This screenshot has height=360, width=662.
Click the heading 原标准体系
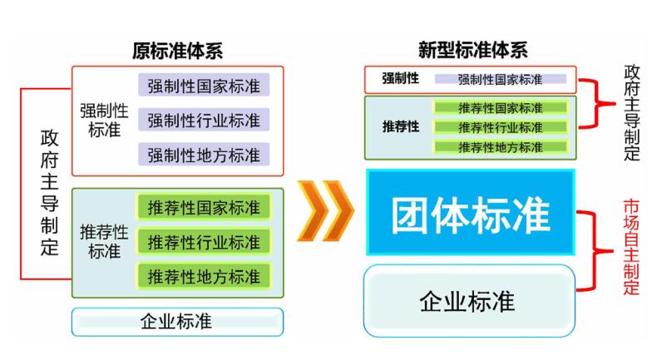tap(177, 51)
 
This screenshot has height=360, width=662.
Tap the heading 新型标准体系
tap(473, 50)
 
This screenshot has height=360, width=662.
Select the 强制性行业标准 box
tap(204, 120)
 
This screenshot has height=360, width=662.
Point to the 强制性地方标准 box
tap(204, 155)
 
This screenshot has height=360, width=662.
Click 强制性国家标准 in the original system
tap(204, 86)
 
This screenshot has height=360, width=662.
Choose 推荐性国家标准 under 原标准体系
tap(204, 207)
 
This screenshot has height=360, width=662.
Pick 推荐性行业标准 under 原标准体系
tap(204, 242)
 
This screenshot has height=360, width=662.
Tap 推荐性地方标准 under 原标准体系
tap(204, 276)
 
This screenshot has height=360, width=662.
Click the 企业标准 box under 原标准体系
tap(177, 322)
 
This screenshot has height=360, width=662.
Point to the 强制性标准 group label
tap(104, 121)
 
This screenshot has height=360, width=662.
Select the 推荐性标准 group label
tap(104, 242)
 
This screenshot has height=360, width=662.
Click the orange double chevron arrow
tap(325, 211)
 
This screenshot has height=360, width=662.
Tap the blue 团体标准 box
tap(471, 212)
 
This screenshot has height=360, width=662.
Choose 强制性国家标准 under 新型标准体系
tap(501, 79)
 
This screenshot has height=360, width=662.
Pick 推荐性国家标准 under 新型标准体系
tap(501, 108)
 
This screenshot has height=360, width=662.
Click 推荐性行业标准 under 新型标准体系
tap(501, 127)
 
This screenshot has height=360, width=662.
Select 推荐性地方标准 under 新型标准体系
tap(501, 147)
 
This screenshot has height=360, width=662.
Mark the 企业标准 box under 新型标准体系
tap(469, 301)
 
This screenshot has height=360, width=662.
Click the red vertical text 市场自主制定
tap(631, 247)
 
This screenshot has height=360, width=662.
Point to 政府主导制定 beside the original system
tap(49, 192)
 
